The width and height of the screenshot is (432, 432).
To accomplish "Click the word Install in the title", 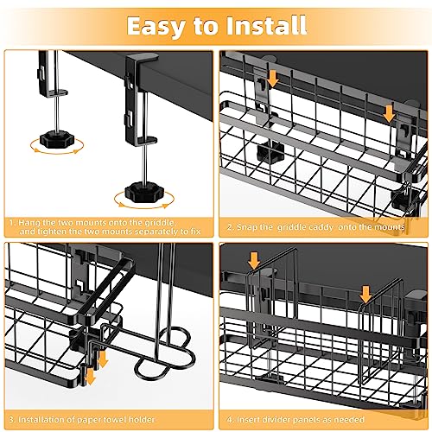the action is click(x=266, y=25).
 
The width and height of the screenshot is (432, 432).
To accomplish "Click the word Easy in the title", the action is click(x=156, y=27).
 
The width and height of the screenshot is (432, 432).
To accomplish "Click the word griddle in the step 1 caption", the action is click(x=160, y=223).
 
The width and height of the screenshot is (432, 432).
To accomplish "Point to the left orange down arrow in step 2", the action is click(x=272, y=79).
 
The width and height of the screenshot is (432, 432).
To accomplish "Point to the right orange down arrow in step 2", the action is click(x=389, y=113).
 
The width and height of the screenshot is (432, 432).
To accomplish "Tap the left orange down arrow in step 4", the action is click(x=254, y=260).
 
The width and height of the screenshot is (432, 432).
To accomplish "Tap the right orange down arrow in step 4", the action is click(x=365, y=295).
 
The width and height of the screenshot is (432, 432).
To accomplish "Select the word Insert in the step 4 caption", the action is click(x=248, y=419).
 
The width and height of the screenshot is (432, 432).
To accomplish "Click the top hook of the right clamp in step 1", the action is click(x=141, y=60).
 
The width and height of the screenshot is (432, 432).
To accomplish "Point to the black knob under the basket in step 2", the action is click(x=270, y=149).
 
